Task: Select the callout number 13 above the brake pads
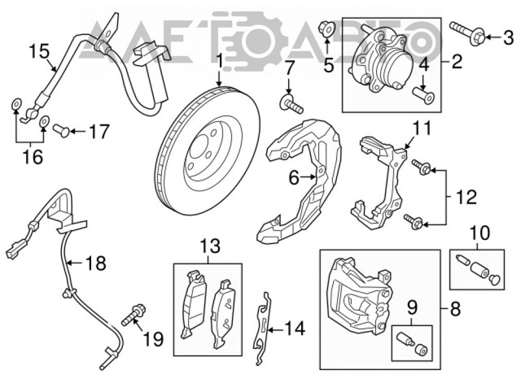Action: (x=208, y=245)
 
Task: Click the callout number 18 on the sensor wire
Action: (x=96, y=263)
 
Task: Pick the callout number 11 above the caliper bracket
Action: (x=419, y=128)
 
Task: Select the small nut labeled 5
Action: (x=326, y=32)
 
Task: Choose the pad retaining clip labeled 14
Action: (x=263, y=326)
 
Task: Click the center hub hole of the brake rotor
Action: (x=199, y=149)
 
